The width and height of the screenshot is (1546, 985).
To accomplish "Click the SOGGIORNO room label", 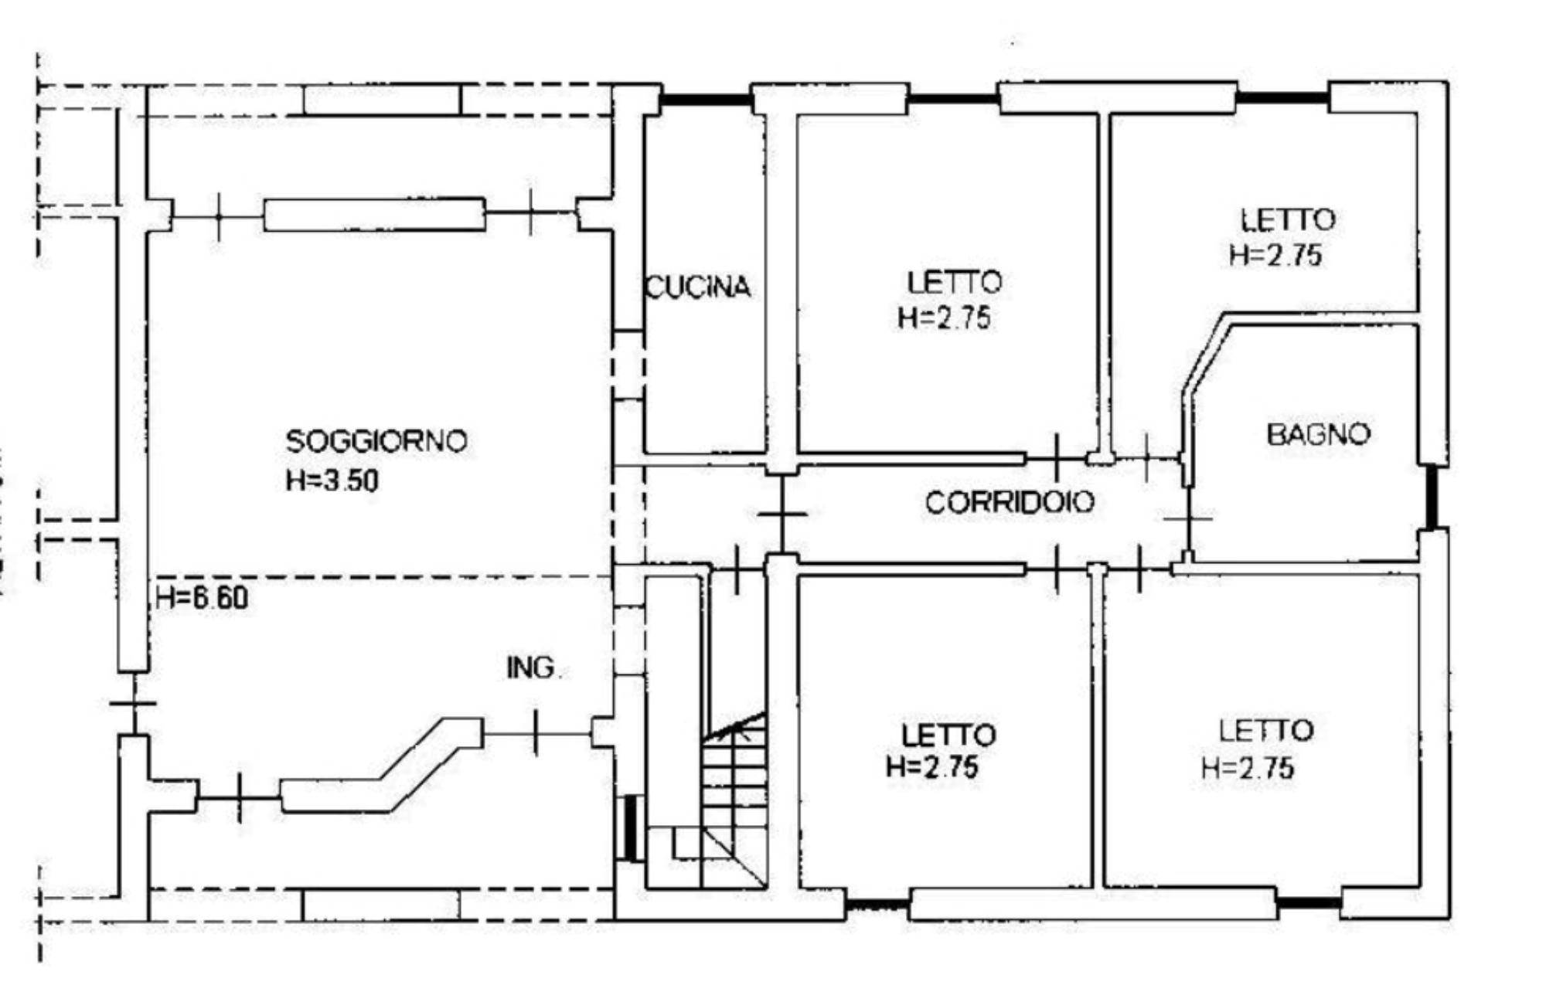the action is (x=376, y=441).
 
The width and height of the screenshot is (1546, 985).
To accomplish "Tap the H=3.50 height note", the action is (x=332, y=481).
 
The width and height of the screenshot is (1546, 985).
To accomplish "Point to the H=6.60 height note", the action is (x=202, y=597).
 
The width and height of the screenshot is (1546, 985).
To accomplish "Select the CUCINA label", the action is (x=697, y=287).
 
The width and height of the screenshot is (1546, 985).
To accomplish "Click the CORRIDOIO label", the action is (x=1010, y=502).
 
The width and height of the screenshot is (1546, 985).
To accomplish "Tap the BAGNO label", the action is (x=1318, y=433).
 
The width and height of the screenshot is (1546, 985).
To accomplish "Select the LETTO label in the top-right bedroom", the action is (x=1288, y=219).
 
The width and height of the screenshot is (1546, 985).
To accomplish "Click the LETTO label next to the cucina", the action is (x=955, y=282).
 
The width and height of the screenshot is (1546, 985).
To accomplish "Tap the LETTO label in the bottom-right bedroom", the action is (x=1266, y=731).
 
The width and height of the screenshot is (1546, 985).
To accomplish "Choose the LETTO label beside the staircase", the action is (x=948, y=734).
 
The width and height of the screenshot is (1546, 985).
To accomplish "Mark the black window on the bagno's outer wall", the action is (x=1432, y=497).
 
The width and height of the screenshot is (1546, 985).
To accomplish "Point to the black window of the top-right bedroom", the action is (x=1283, y=98).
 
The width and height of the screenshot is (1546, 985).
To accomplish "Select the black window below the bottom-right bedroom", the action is (x=1308, y=902).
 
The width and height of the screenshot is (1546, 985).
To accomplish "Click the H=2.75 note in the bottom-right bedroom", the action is (x=1248, y=768).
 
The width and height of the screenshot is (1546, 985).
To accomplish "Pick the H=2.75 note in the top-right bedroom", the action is (x=1275, y=255).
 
